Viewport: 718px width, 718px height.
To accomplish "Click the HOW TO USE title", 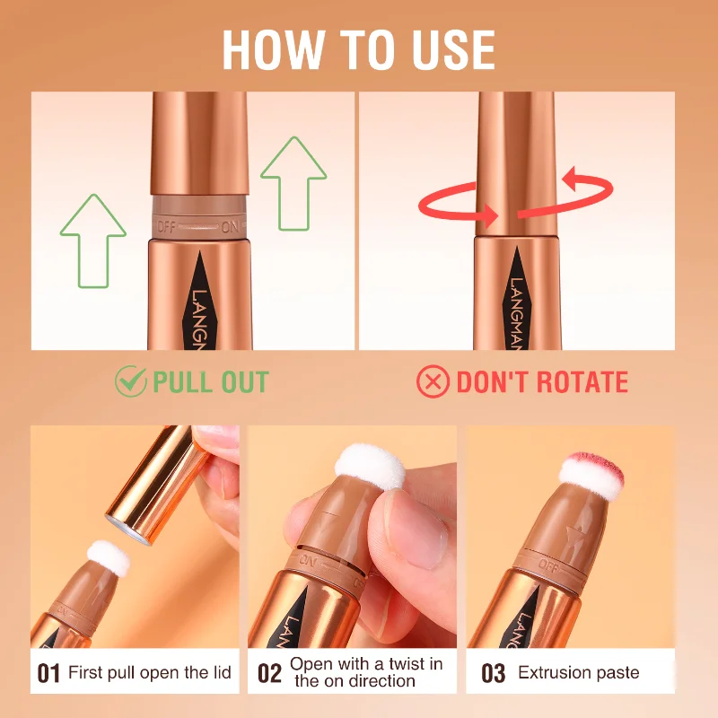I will coord(358,49).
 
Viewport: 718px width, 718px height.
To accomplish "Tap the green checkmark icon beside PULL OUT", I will coord(130,381).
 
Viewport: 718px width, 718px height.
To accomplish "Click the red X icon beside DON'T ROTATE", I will coord(433,381).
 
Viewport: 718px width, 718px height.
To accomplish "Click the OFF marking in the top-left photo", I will coord(168,226).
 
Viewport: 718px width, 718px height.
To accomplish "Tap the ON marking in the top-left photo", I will coord(231,228).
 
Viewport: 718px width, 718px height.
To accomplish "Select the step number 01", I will coord(48,673).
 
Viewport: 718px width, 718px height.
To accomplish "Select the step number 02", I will coord(269,673).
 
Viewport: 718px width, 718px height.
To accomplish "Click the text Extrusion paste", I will coord(579,673).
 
